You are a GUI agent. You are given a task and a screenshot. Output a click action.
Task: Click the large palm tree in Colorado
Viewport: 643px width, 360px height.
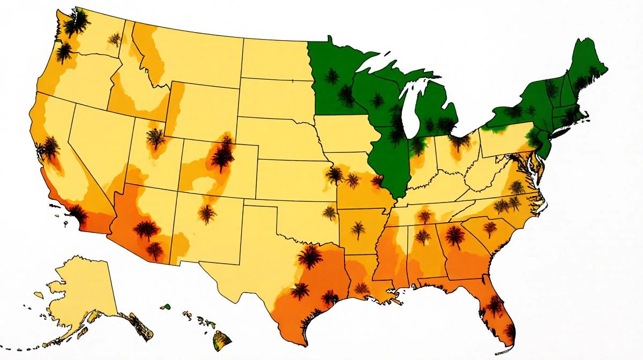pos(221,155)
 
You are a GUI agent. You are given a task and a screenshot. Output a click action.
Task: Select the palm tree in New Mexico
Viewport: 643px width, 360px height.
pos(207,213)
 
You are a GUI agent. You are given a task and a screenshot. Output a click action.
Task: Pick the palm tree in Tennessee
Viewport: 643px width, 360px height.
pos(424,217)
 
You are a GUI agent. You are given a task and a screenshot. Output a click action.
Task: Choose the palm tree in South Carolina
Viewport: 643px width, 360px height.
pos(490,228)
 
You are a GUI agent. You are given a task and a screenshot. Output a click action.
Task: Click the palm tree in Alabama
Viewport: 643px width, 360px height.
pos(423,236)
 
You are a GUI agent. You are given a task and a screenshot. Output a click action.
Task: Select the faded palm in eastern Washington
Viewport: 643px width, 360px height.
pos(114,39)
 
